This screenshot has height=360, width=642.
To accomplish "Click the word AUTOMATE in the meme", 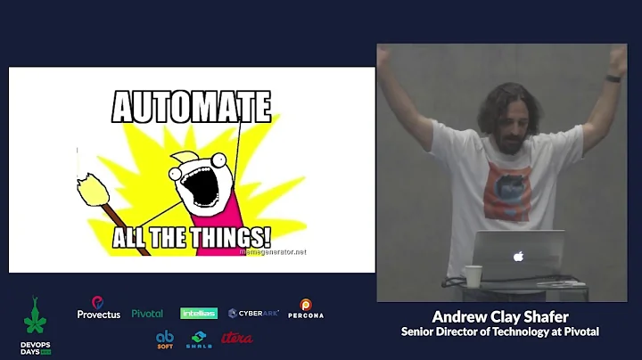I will [x=191, y=108].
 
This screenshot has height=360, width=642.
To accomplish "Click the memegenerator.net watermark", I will [x=273, y=252].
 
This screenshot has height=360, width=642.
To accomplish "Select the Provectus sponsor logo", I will [x=98, y=308].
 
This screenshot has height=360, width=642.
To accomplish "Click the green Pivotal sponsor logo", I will [x=147, y=314].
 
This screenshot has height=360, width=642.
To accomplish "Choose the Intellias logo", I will [x=199, y=314].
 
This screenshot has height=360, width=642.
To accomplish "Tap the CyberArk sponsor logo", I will [x=253, y=314].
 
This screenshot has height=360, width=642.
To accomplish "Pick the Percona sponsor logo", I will [x=306, y=309].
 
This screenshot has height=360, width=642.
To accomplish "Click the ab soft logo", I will [x=165, y=340].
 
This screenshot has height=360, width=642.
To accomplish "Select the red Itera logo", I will [x=236, y=339].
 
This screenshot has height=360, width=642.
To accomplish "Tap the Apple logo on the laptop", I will [x=517, y=256].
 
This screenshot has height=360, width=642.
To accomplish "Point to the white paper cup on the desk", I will [x=473, y=276].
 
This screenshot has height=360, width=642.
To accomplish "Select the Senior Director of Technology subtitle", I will [x=499, y=331].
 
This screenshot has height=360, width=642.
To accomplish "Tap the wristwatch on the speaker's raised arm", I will [x=613, y=78].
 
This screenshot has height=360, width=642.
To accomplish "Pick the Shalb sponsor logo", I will [x=199, y=340].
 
